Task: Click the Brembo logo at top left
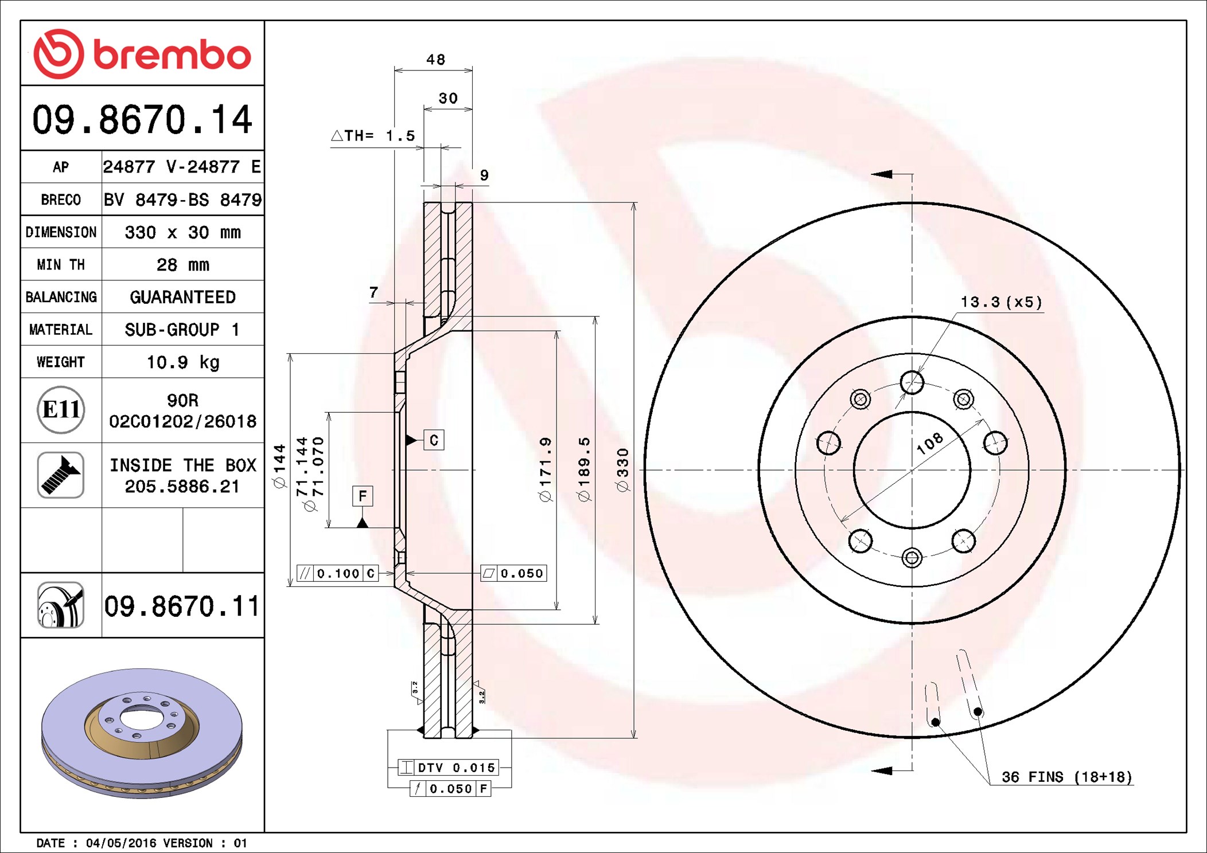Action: pos(142,54)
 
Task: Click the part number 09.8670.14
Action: pos(142,119)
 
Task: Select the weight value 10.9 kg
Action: pos(183,362)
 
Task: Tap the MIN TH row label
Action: pos(61,264)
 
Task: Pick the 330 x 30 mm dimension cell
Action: pos(183,232)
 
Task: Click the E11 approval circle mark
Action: pos(61,410)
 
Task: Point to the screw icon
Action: pos(61,475)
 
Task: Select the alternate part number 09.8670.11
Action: pos(182,606)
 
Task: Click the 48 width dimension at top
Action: pos(436,60)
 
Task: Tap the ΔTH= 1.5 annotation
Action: pos(373,136)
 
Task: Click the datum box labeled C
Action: pos(434,440)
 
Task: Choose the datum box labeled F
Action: pos(363,496)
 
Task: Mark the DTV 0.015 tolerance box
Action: pos(449,768)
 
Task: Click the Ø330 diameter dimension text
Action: pos(622,470)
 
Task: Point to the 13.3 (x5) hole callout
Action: pos(1001,302)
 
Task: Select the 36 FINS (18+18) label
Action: pos(1067,777)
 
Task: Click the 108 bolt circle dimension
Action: pos(929,444)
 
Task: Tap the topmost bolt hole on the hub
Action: pos(912,382)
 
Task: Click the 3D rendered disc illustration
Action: pos(142,733)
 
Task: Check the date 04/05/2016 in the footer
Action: pos(121,843)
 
